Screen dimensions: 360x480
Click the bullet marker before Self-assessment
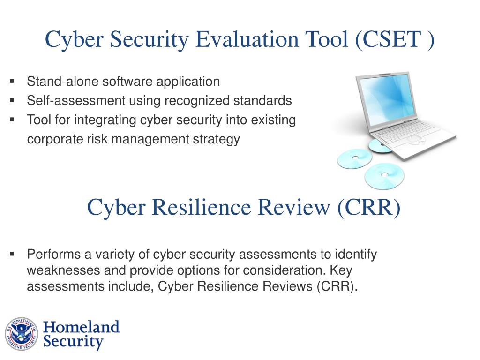tap(12, 100)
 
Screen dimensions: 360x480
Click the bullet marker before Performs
tap(12, 254)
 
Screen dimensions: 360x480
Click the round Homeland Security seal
tap(22, 334)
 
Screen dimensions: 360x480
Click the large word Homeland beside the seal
tap(82, 327)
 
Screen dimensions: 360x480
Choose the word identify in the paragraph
tap(356, 255)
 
